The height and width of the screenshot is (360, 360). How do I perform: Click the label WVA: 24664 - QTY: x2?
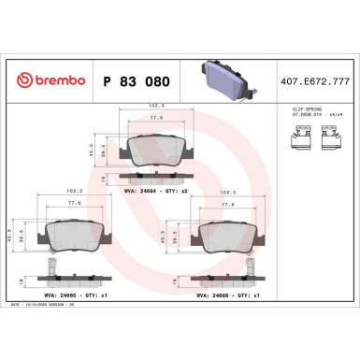(x=156, y=191)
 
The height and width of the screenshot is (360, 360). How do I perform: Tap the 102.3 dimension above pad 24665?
(x=73, y=193)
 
